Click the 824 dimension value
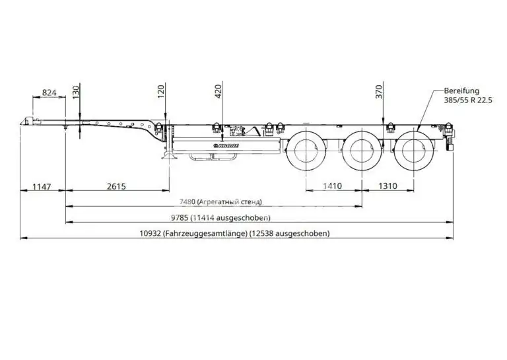tap(49, 92)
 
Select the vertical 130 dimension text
tap(75, 92)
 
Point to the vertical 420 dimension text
tap(218, 92)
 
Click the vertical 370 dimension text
tap(379, 92)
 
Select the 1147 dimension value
tap(42, 187)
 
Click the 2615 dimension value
tap(116, 186)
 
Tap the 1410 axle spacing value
tap(333, 186)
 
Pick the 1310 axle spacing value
tap(388, 186)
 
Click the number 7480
tap(187, 202)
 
